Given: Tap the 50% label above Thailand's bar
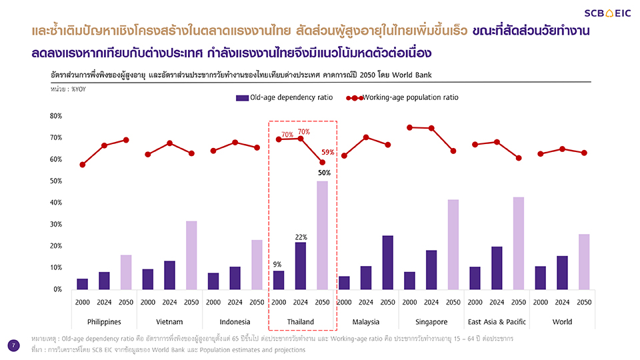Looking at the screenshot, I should point(324,173).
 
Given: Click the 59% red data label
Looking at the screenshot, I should point(328,152).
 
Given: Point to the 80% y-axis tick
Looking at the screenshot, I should point(55,116).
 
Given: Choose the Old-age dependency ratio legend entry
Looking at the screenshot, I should point(284,97).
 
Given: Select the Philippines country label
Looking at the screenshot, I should point(104,322).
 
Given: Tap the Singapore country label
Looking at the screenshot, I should point(431,322).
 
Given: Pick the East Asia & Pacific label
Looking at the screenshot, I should point(497,322).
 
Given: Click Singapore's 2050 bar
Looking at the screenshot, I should point(453,244).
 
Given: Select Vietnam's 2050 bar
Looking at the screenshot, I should point(191,255).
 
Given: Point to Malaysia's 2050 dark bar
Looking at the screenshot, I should point(387,262).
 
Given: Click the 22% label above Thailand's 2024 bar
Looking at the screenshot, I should point(301,237).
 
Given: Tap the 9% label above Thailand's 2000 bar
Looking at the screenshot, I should point(278,265).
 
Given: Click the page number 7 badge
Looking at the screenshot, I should point(13,345).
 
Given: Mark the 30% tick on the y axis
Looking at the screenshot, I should point(55,224).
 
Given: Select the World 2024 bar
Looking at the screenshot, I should point(562,272).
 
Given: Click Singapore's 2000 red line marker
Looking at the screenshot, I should point(409,127).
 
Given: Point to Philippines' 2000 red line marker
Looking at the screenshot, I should point(83,165).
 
